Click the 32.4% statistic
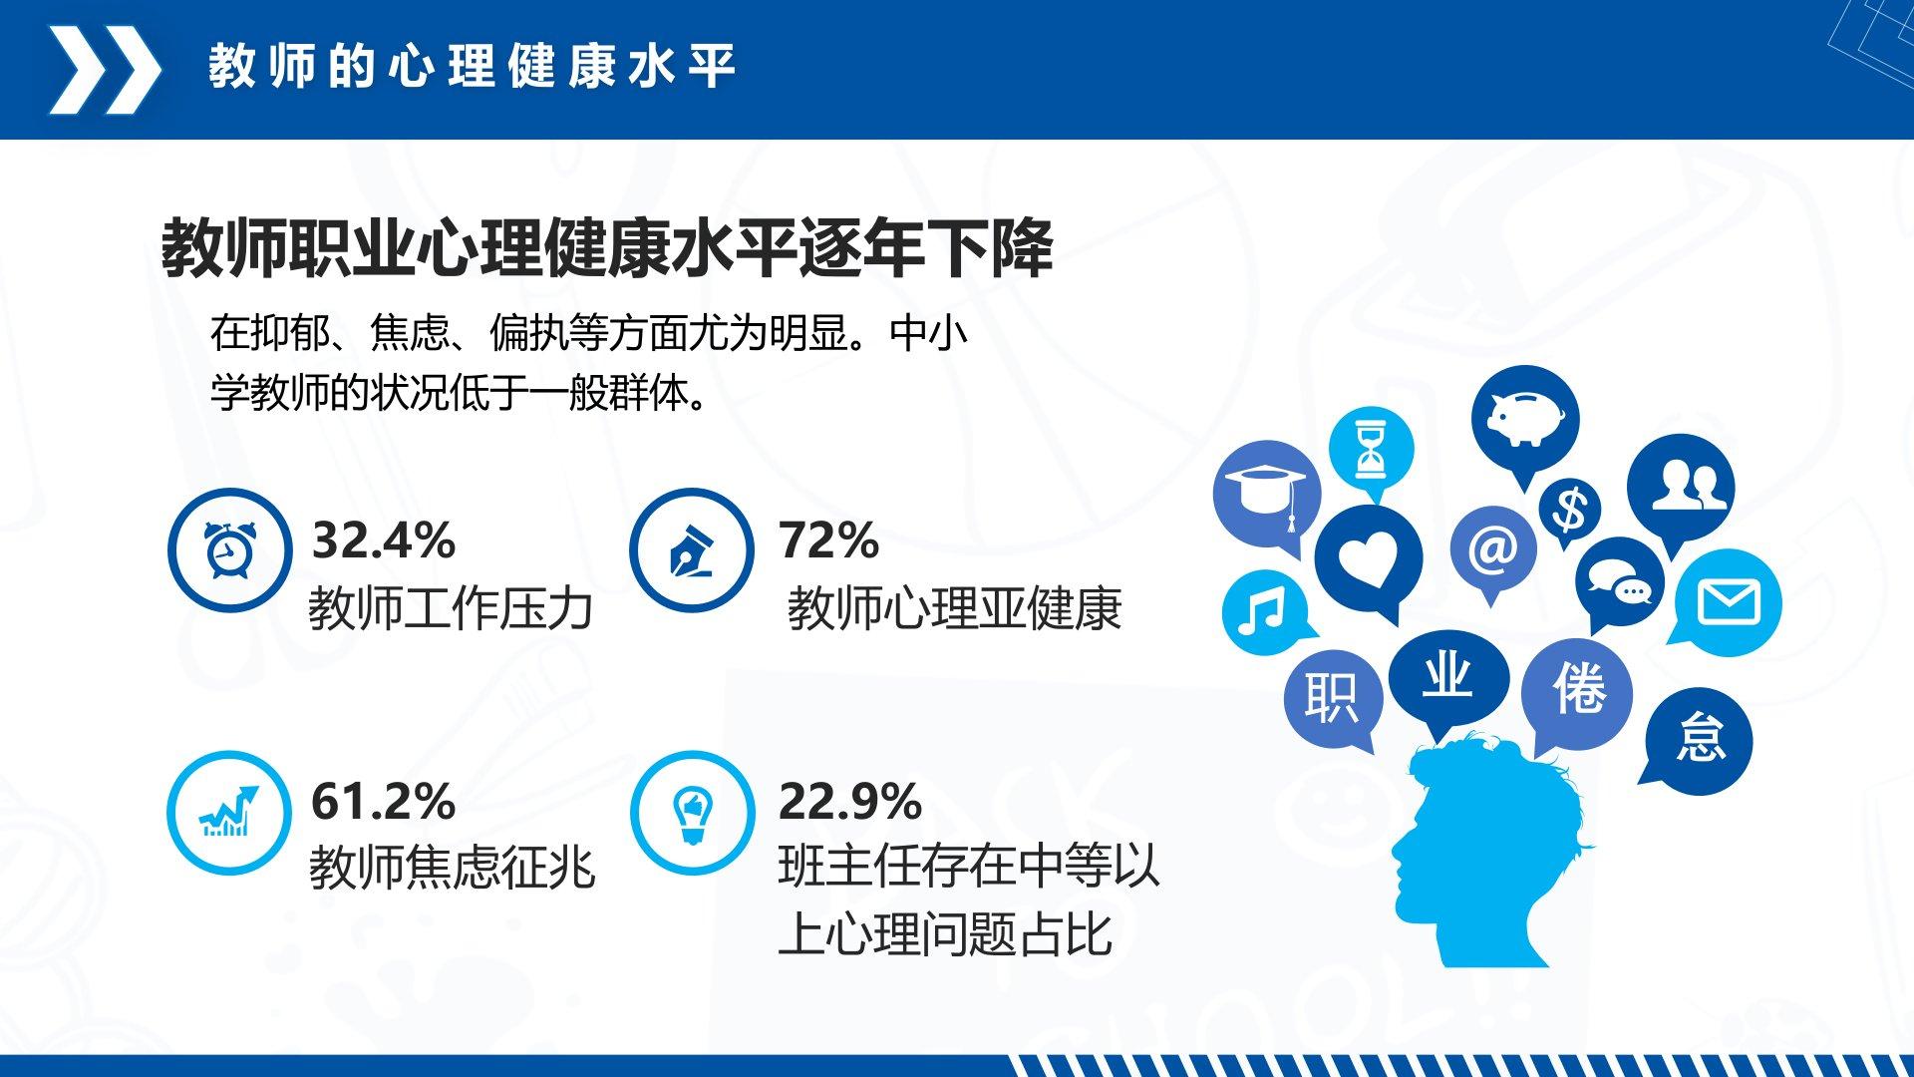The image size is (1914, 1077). (384, 540)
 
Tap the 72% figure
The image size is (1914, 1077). (828, 540)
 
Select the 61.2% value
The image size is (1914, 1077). (384, 802)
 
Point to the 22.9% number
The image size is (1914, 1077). (850, 802)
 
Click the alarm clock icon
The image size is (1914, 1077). (230, 549)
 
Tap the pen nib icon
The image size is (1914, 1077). (691, 550)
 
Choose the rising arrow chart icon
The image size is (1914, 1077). (229, 812)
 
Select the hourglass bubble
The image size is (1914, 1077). (1372, 450)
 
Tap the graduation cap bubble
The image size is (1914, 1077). (1267, 495)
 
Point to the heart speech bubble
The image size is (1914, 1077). (1369, 560)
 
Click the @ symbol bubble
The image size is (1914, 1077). (1492, 549)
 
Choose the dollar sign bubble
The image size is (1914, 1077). (1570, 510)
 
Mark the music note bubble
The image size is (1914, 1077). (1263, 611)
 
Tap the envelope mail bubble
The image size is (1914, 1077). (1728, 602)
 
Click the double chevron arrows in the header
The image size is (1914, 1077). (105, 69)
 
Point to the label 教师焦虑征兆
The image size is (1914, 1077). (452, 868)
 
